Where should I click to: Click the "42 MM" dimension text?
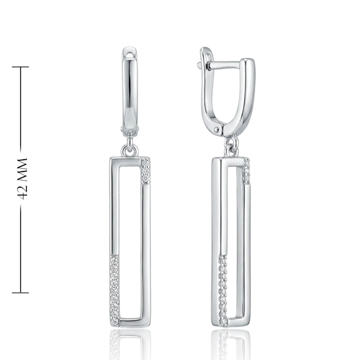tap(22, 179)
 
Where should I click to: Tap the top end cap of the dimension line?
tap(20, 67)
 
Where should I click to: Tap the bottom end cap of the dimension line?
tap(20, 293)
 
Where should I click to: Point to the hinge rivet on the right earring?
tap(217, 130)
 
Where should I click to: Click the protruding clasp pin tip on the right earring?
tap(199, 65)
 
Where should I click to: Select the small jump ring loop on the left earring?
tap(130, 151)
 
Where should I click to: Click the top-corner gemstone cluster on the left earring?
tap(145, 170)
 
